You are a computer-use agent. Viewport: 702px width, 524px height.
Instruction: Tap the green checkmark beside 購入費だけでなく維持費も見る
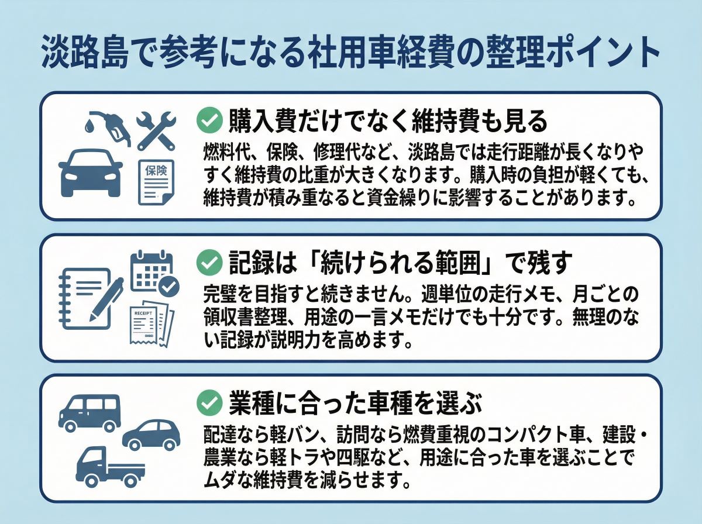207,122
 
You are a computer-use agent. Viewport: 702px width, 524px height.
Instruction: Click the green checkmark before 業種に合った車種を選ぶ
207,403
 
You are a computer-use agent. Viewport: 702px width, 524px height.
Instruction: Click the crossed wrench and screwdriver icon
156,130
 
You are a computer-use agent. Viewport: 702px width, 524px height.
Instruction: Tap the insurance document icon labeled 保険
156,182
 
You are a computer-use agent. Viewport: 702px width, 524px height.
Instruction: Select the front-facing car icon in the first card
91,173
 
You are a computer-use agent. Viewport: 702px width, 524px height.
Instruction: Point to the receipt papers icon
151,325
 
